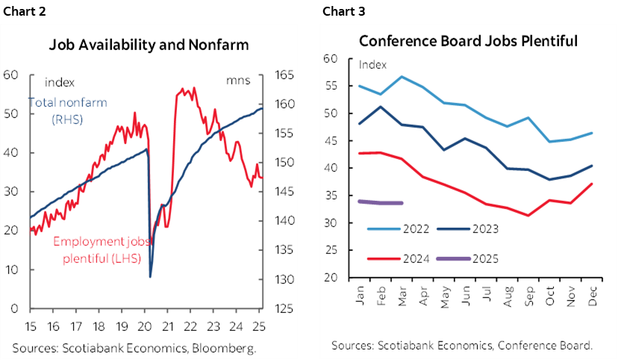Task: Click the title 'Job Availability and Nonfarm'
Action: [x=149, y=45]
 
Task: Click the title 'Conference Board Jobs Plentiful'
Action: [x=468, y=40]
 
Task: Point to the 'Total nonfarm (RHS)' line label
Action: [x=66, y=111]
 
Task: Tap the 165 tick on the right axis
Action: [x=286, y=75]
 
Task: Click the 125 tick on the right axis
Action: [x=286, y=308]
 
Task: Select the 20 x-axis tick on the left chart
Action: [x=146, y=326]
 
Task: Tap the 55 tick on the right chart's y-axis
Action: [x=331, y=86]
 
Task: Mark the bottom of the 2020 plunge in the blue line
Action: [x=151, y=276]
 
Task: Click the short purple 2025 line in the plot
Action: [x=381, y=202]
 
